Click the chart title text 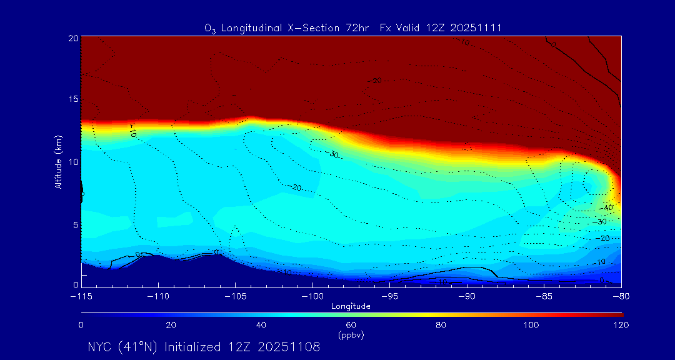click(x=353, y=28)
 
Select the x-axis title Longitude click(x=351, y=306)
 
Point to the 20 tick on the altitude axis click(x=72, y=39)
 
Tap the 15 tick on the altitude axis click(x=72, y=99)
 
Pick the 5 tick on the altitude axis click(x=74, y=224)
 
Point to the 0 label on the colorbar click(x=81, y=325)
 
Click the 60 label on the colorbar click(x=351, y=325)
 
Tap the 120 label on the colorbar click(x=621, y=325)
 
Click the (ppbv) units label click(x=351, y=335)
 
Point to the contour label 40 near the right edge click(x=608, y=207)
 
